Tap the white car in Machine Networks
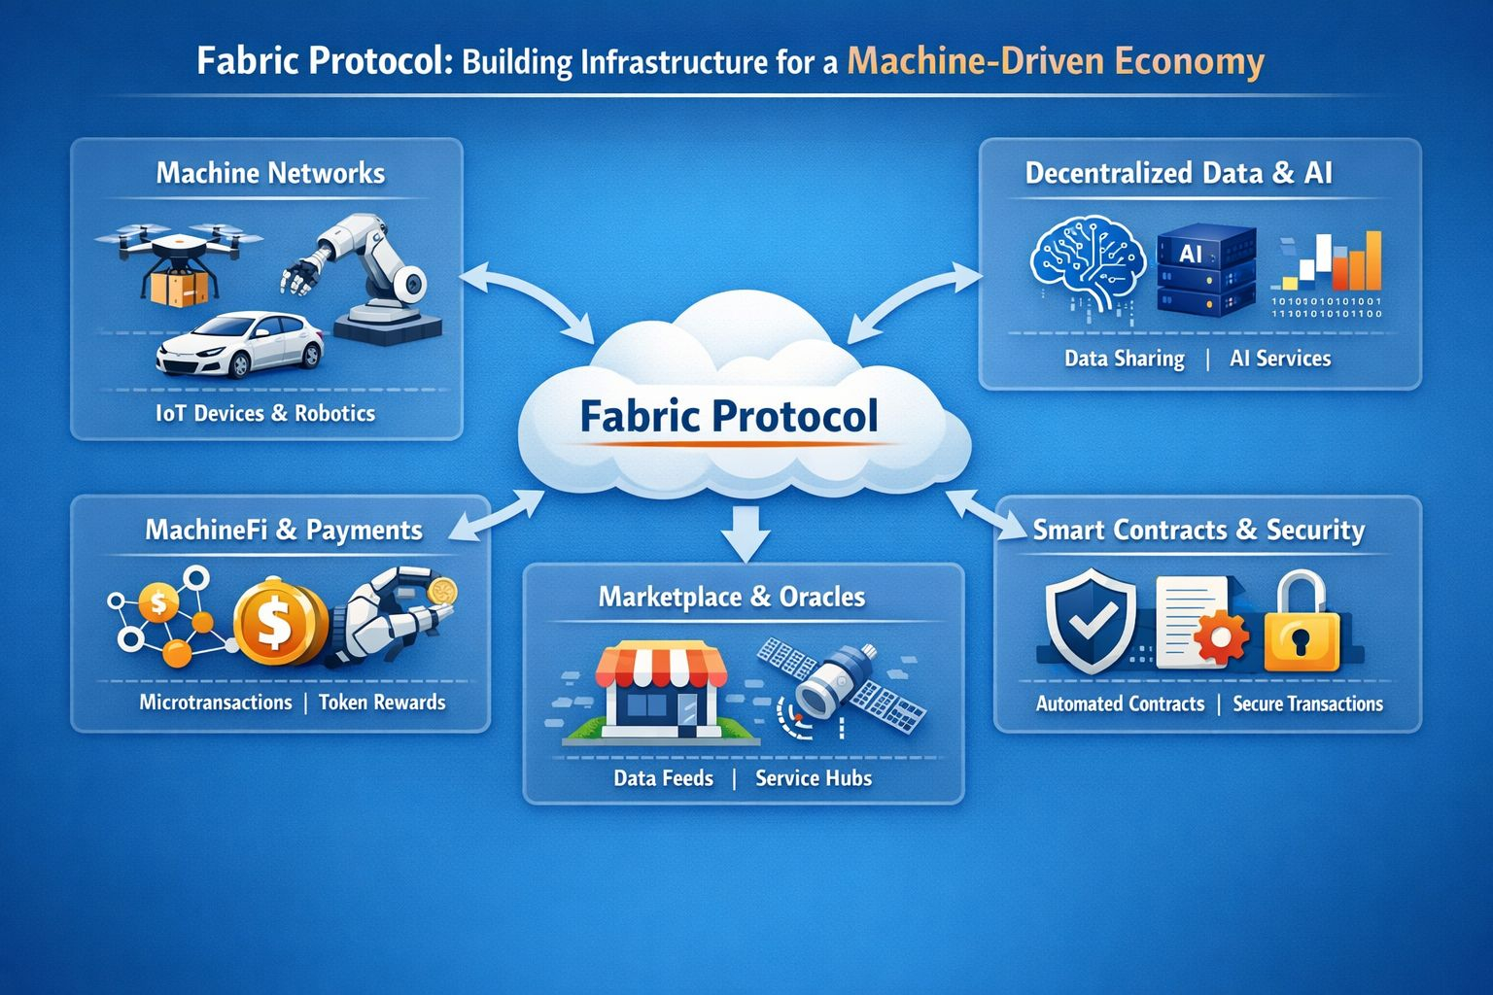[x=239, y=345]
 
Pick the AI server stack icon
[x=1205, y=271]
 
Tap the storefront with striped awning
[x=661, y=693]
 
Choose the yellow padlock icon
[x=1302, y=624]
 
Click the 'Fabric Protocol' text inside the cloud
[x=729, y=416]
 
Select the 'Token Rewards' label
[x=382, y=703]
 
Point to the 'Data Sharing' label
[x=1125, y=359]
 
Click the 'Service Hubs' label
[x=814, y=778]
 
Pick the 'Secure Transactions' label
[x=1307, y=704]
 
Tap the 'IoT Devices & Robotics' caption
[x=265, y=413]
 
